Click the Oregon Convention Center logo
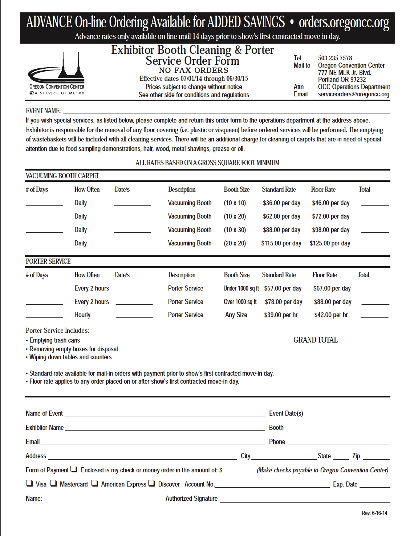(57, 74)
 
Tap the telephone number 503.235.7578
(335, 58)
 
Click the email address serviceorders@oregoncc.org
(353, 94)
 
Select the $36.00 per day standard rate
(281, 203)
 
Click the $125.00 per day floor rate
(330, 243)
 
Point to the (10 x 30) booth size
(235, 230)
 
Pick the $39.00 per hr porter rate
(281, 315)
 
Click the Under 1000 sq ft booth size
(241, 288)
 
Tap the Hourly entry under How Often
(82, 315)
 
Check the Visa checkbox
(29, 483)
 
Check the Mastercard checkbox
(53, 483)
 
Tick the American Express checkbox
(95, 483)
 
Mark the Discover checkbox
(152, 483)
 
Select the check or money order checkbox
(74, 469)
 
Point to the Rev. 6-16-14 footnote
(374, 513)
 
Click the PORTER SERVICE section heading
(48, 261)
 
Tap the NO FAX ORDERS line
(194, 70)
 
